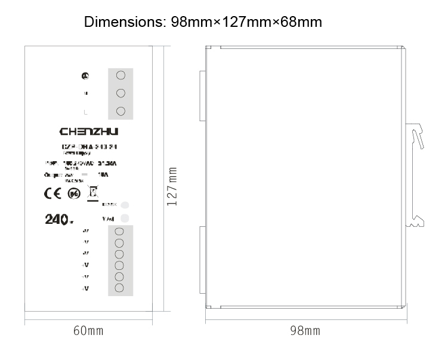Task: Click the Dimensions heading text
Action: pyautogui.click(x=203, y=23)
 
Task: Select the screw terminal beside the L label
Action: pyautogui.click(x=121, y=111)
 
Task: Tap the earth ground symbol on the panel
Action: pyautogui.click(x=86, y=76)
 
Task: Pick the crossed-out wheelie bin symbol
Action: pyautogui.click(x=92, y=193)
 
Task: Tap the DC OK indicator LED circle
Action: pyautogui.click(x=125, y=204)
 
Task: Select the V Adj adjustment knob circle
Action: pyautogui.click(x=125, y=218)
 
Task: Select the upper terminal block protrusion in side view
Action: pyautogui.click(x=202, y=90)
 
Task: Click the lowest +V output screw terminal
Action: pyautogui.click(x=119, y=288)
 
